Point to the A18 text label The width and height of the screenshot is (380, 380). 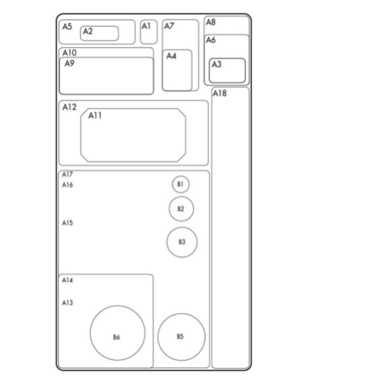click(x=219, y=93)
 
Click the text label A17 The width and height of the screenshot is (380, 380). click(x=67, y=174)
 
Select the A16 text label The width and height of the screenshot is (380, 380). click(x=67, y=185)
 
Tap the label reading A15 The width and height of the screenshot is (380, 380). click(x=67, y=223)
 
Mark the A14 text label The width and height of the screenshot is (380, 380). click(x=67, y=280)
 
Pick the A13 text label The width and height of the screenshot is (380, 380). click(x=67, y=303)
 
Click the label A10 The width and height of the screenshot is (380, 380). click(x=69, y=53)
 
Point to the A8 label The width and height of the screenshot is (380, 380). click(x=211, y=22)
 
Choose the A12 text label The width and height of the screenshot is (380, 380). click(x=69, y=107)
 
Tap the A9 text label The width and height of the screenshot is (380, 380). click(x=69, y=63)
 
